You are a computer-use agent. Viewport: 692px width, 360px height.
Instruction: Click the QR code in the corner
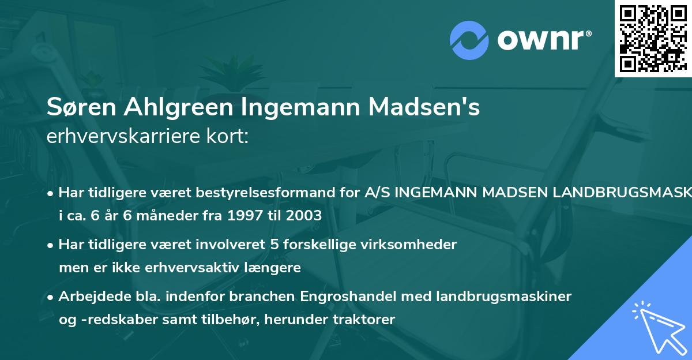[653, 38]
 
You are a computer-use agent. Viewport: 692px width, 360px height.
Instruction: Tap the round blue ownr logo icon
[469, 39]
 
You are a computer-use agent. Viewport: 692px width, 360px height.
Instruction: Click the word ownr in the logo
[544, 39]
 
